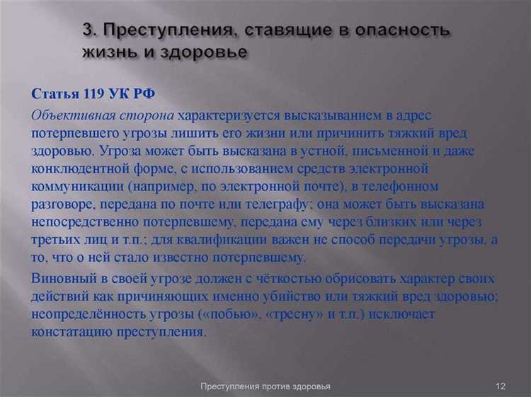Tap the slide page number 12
500,386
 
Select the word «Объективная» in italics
67,115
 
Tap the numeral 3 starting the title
87,32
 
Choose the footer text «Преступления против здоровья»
265,386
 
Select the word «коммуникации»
76,187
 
